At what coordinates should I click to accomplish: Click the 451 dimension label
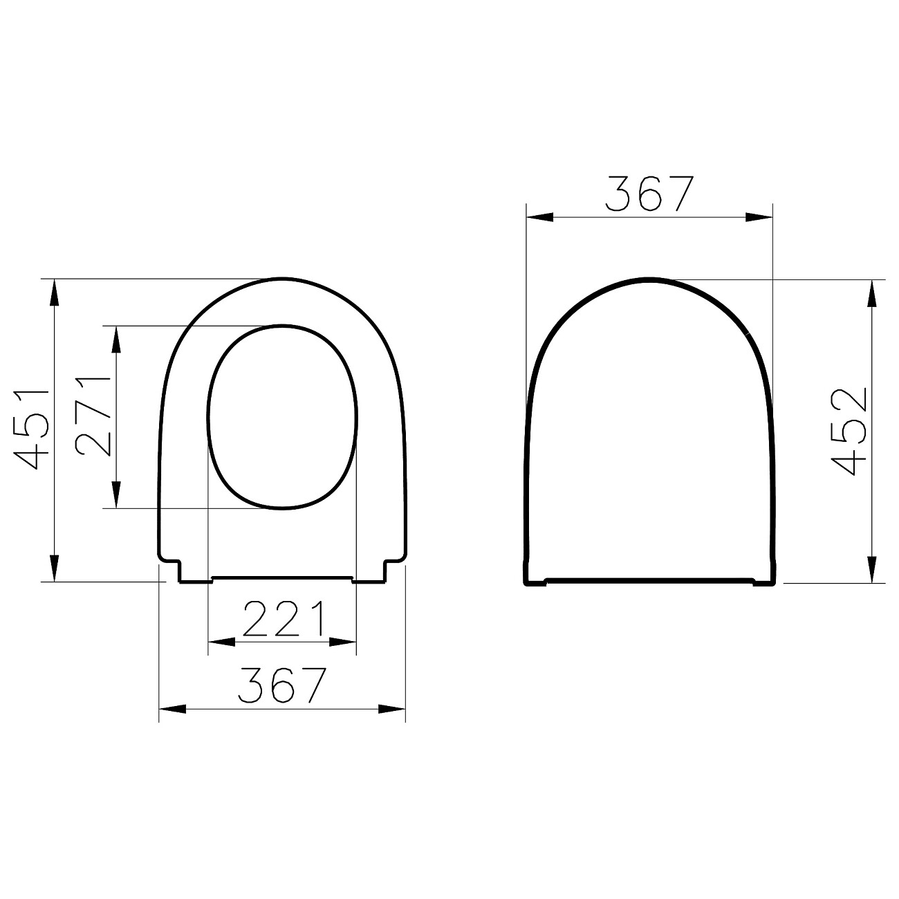pyautogui.click(x=30, y=429)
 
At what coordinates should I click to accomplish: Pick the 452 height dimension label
pyautogui.click(x=848, y=431)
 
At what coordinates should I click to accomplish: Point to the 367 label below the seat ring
pyautogui.click(x=282, y=685)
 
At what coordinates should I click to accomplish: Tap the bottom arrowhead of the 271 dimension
pyautogui.click(x=116, y=495)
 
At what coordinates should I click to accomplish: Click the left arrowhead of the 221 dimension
pyautogui.click(x=221, y=642)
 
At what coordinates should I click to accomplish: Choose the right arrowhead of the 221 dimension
pyautogui.click(x=343, y=642)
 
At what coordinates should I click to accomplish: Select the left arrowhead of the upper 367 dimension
pyautogui.click(x=540, y=216)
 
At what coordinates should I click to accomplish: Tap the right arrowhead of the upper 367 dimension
pyautogui.click(x=758, y=216)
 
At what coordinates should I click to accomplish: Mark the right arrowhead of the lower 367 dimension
pyautogui.click(x=391, y=709)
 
